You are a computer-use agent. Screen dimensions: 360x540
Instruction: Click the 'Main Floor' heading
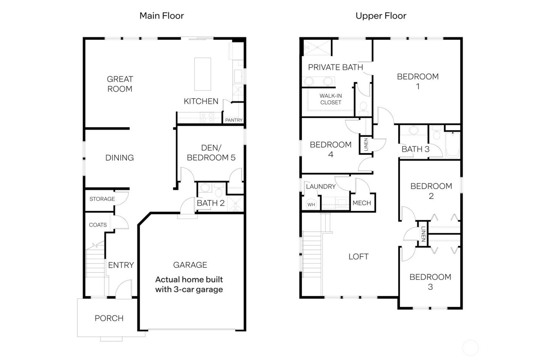coord(162,16)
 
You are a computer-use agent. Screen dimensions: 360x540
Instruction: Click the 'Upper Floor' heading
coord(381,16)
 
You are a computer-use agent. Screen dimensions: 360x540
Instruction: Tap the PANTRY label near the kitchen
coord(234,120)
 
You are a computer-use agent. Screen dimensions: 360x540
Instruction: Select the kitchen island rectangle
coord(202,74)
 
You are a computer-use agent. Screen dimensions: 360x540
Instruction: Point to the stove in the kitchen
coord(207,117)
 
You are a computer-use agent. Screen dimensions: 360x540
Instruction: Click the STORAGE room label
coord(102,199)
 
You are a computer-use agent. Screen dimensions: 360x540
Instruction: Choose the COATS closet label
coord(98,225)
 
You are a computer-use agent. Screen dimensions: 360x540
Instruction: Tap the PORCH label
coord(109,318)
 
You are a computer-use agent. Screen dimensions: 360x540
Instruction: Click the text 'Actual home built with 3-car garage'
coord(189,284)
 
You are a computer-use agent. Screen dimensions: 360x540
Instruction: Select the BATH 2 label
coord(211,203)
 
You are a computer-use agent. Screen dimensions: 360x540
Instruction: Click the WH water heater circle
coord(311,204)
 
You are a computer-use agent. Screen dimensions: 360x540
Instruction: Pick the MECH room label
coord(362,203)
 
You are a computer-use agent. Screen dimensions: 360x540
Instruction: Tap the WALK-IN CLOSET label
coord(331,99)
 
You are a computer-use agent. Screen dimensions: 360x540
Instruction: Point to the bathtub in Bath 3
coord(453,145)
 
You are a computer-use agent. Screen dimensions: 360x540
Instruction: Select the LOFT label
coord(358,257)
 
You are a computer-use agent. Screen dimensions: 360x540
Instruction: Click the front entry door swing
coord(124,289)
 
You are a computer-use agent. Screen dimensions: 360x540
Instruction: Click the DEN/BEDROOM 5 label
coord(211,153)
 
